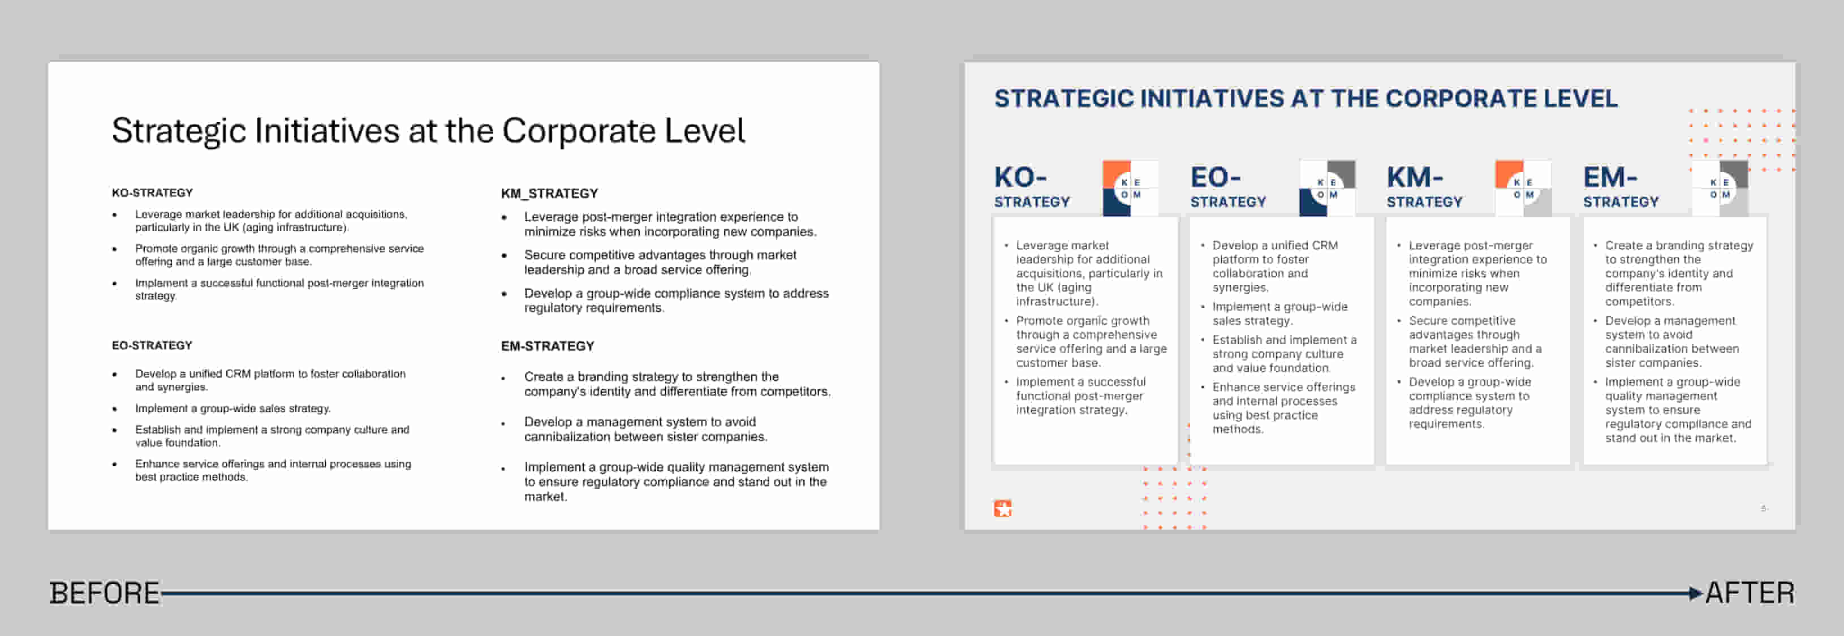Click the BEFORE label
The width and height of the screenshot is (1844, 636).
coord(105,593)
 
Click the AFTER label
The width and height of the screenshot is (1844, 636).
coord(1750,593)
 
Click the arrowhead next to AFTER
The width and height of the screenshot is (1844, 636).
coord(1696,593)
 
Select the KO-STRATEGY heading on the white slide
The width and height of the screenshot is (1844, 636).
coord(153,192)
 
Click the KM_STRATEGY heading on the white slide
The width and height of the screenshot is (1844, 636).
coord(550,194)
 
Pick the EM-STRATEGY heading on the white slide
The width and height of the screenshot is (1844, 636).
coord(548,346)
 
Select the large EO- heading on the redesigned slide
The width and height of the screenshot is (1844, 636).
coord(1216,177)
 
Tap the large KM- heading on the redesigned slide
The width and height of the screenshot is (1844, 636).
coord(1415,177)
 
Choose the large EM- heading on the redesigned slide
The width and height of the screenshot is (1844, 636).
coord(1610,177)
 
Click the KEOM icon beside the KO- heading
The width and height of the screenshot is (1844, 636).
coord(1130,188)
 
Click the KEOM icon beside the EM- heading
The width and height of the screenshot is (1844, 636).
coord(1720,188)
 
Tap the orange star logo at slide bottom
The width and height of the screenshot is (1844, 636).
coord(1003,509)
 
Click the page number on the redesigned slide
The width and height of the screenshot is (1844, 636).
coord(1764,509)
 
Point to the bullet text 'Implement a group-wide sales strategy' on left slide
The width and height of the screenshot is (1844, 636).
coord(232,408)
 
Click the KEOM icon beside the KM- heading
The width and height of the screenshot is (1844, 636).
coord(1523,188)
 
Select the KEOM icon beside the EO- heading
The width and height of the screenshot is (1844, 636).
coord(1327,188)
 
